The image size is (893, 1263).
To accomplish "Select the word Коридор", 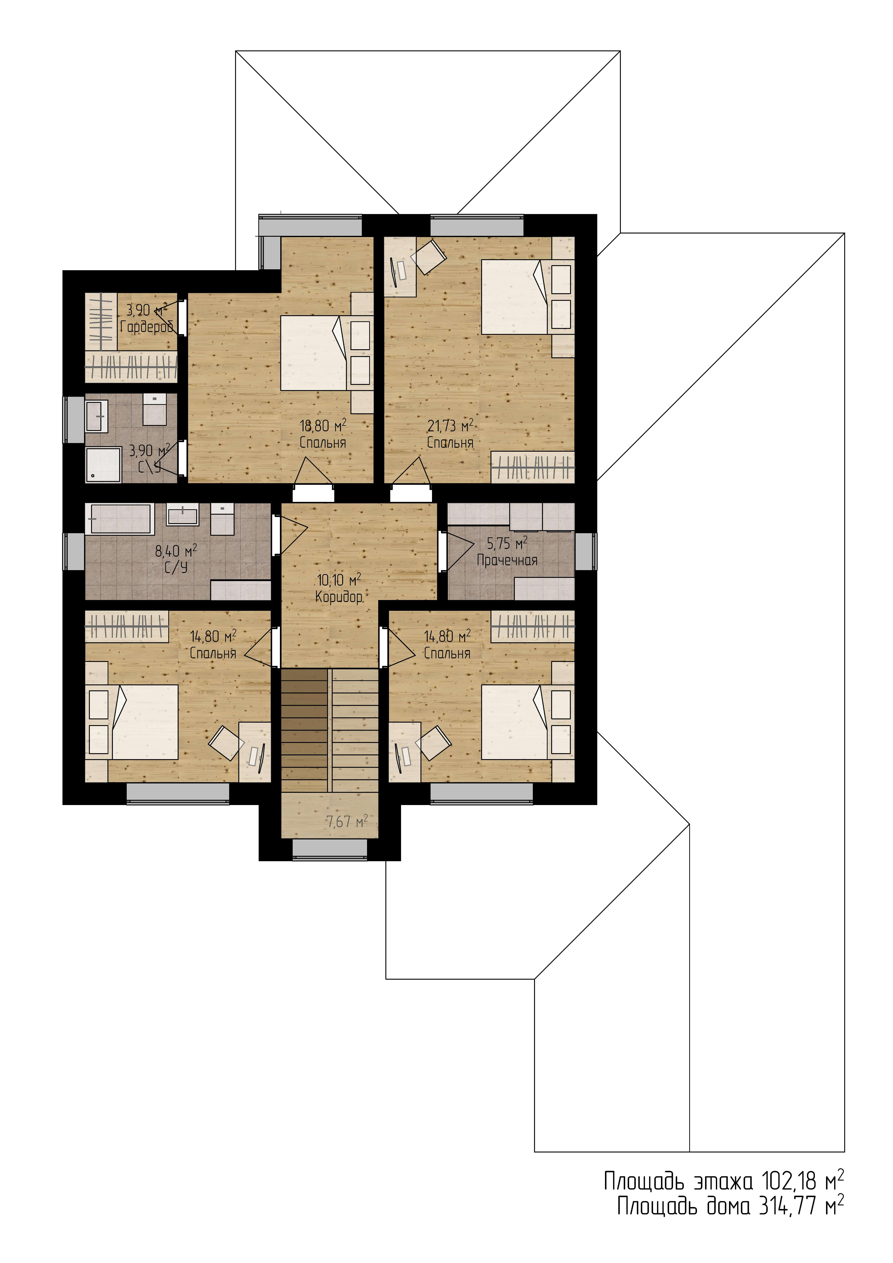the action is [339, 597].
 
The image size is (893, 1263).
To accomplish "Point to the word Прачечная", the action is [507, 561].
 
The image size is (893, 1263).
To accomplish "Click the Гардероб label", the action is [146, 327].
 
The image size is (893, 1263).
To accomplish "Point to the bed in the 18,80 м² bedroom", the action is [314, 353].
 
